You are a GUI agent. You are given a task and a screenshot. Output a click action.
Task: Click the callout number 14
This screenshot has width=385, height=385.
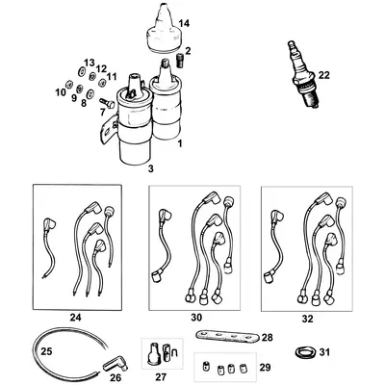(185, 22)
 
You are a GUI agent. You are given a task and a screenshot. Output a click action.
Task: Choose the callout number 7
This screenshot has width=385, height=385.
(99, 110)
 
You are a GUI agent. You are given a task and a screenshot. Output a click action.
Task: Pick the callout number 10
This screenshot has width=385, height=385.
(61, 92)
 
